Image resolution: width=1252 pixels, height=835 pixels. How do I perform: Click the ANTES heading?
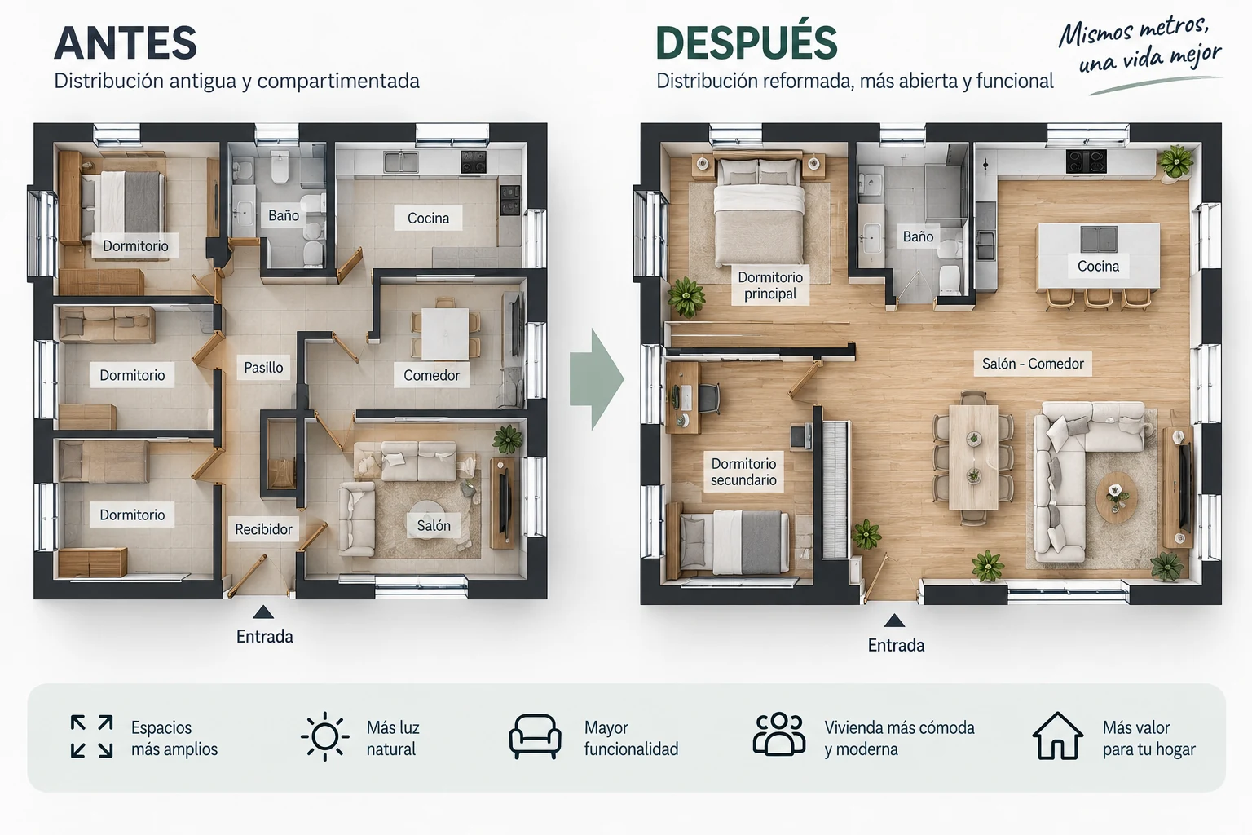(x=126, y=42)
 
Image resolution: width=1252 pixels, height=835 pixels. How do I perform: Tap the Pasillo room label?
(x=263, y=368)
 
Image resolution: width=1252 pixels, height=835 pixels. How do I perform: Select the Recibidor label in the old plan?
(x=263, y=529)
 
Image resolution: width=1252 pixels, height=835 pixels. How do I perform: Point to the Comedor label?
(x=431, y=375)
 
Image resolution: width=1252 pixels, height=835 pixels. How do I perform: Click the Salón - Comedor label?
(x=1033, y=364)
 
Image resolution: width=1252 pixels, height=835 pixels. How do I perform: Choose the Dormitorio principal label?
(x=770, y=285)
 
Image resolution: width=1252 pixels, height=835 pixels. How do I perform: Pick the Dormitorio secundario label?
(x=743, y=471)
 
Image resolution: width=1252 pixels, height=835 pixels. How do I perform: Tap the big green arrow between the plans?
(x=597, y=379)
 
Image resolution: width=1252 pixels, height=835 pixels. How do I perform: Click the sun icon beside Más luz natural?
(x=324, y=736)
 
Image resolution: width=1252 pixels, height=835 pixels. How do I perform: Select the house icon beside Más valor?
(x=1057, y=736)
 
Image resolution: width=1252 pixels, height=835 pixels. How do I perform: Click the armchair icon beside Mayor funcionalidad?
(x=535, y=736)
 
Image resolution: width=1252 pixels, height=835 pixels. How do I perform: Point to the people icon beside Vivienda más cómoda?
(x=779, y=735)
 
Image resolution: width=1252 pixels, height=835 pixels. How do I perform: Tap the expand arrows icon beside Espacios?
(x=91, y=736)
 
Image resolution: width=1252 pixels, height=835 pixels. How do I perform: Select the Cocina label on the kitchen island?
(x=1098, y=266)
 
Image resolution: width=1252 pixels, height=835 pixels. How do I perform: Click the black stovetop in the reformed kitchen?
(x=1086, y=161)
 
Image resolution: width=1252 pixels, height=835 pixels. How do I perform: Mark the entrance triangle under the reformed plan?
(x=894, y=621)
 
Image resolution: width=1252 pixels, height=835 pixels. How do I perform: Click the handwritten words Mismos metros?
(x=1134, y=33)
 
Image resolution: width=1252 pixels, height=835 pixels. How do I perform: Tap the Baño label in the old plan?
(x=284, y=215)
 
